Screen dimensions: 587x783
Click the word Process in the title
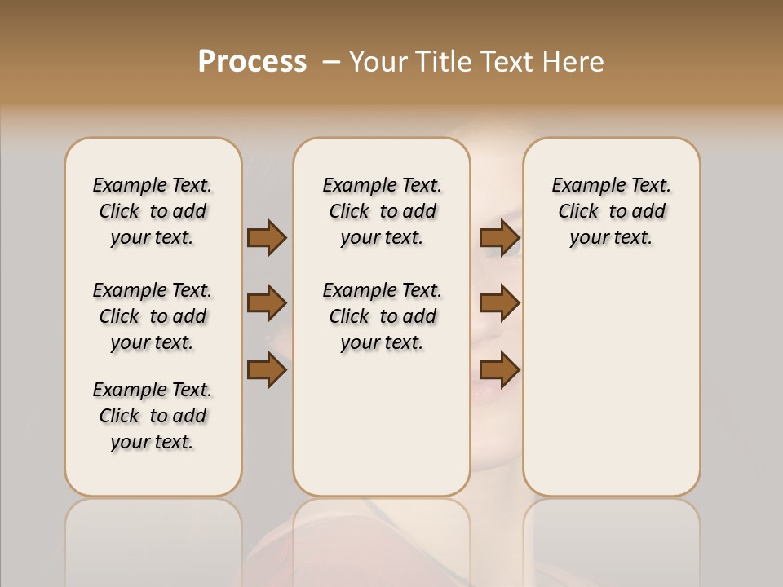tap(252, 62)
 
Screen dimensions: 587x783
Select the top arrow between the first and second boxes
tap(267, 237)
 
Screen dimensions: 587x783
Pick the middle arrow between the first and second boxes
tap(267, 303)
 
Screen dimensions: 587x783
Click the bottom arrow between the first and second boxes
tap(267, 370)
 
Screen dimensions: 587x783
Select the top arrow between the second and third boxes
tap(499, 237)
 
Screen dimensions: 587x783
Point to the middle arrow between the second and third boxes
tap(499, 303)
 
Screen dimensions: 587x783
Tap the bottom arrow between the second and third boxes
tap(499, 370)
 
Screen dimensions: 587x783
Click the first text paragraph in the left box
tap(153, 211)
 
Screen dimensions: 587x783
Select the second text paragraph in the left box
tap(153, 316)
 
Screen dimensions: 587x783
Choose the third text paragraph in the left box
tap(153, 416)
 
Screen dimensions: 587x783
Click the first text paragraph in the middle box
tap(382, 211)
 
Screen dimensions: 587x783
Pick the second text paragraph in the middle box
tap(382, 316)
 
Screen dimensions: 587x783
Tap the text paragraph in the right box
tap(611, 211)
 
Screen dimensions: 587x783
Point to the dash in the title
tap(331, 62)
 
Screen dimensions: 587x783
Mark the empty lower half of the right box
tap(611, 383)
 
